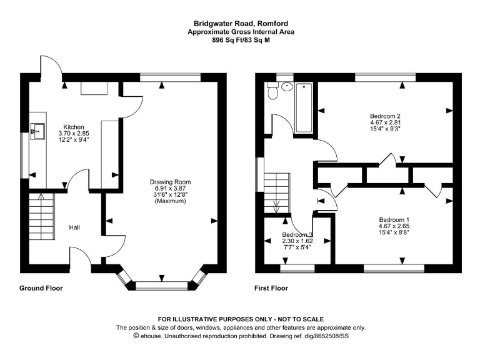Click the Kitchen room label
click(74, 127)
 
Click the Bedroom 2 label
click(384, 116)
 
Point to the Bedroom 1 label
click(394, 219)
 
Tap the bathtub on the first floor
click(304, 107)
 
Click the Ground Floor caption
click(41, 288)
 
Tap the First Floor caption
click(271, 288)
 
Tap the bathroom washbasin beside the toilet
click(288, 87)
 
